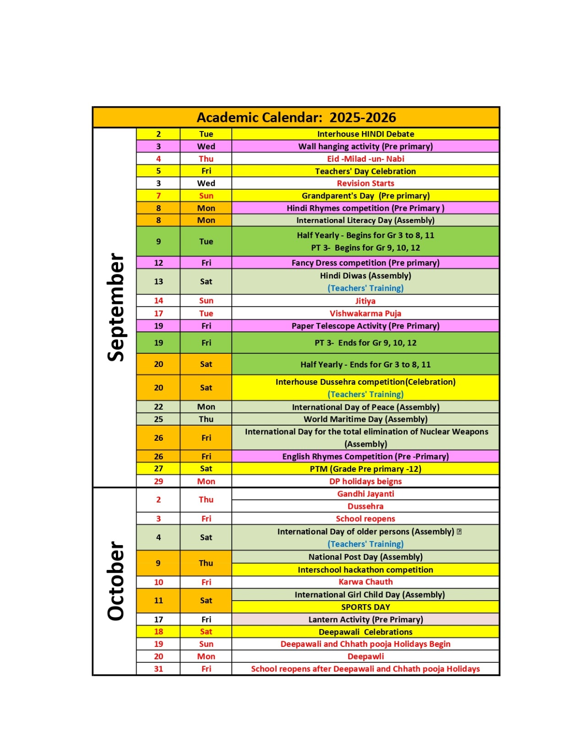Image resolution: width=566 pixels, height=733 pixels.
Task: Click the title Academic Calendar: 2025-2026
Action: click(x=296, y=118)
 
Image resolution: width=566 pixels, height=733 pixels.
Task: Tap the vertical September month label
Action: click(x=116, y=307)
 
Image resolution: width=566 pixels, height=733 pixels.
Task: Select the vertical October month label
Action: click(x=116, y=581)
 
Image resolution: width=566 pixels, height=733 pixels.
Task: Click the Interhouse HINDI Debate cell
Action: click(x=365, y=134)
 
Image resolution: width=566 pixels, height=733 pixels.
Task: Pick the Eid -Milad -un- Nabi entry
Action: click(x=365, y=159)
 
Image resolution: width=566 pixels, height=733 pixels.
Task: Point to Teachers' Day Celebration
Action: click(x=365, y=171)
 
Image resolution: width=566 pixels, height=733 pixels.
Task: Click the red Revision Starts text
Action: click(x=365, y=183)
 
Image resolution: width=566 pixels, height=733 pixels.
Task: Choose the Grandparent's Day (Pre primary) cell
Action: click(x=365, y=196)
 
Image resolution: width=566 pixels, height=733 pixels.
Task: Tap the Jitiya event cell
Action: click(x=365, y=301)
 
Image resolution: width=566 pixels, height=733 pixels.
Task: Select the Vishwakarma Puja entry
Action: click(x=365, y=313)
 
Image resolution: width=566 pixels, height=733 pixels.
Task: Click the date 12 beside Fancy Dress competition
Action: click(x=158, y=263)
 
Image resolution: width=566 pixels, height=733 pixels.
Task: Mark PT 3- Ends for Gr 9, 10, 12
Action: click(x=365, y=343)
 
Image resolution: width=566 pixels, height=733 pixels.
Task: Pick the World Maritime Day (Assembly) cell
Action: click(x=365, y=419)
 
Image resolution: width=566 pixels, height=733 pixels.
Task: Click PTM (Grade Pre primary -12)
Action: click(x=365, y=469)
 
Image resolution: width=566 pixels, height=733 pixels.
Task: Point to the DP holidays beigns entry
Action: click(x=365, y=481)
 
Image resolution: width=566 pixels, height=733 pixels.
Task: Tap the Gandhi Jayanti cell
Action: click(x=365, y=494)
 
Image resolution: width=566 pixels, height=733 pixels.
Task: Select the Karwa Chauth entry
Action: click(x=365, y=582)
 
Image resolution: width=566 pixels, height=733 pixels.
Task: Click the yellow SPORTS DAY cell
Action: click(x=365, y=607)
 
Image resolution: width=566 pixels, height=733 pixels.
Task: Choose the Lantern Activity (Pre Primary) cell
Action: click(x=365, y=619)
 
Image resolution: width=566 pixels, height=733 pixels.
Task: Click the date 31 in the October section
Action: click(x=158, y=669)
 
